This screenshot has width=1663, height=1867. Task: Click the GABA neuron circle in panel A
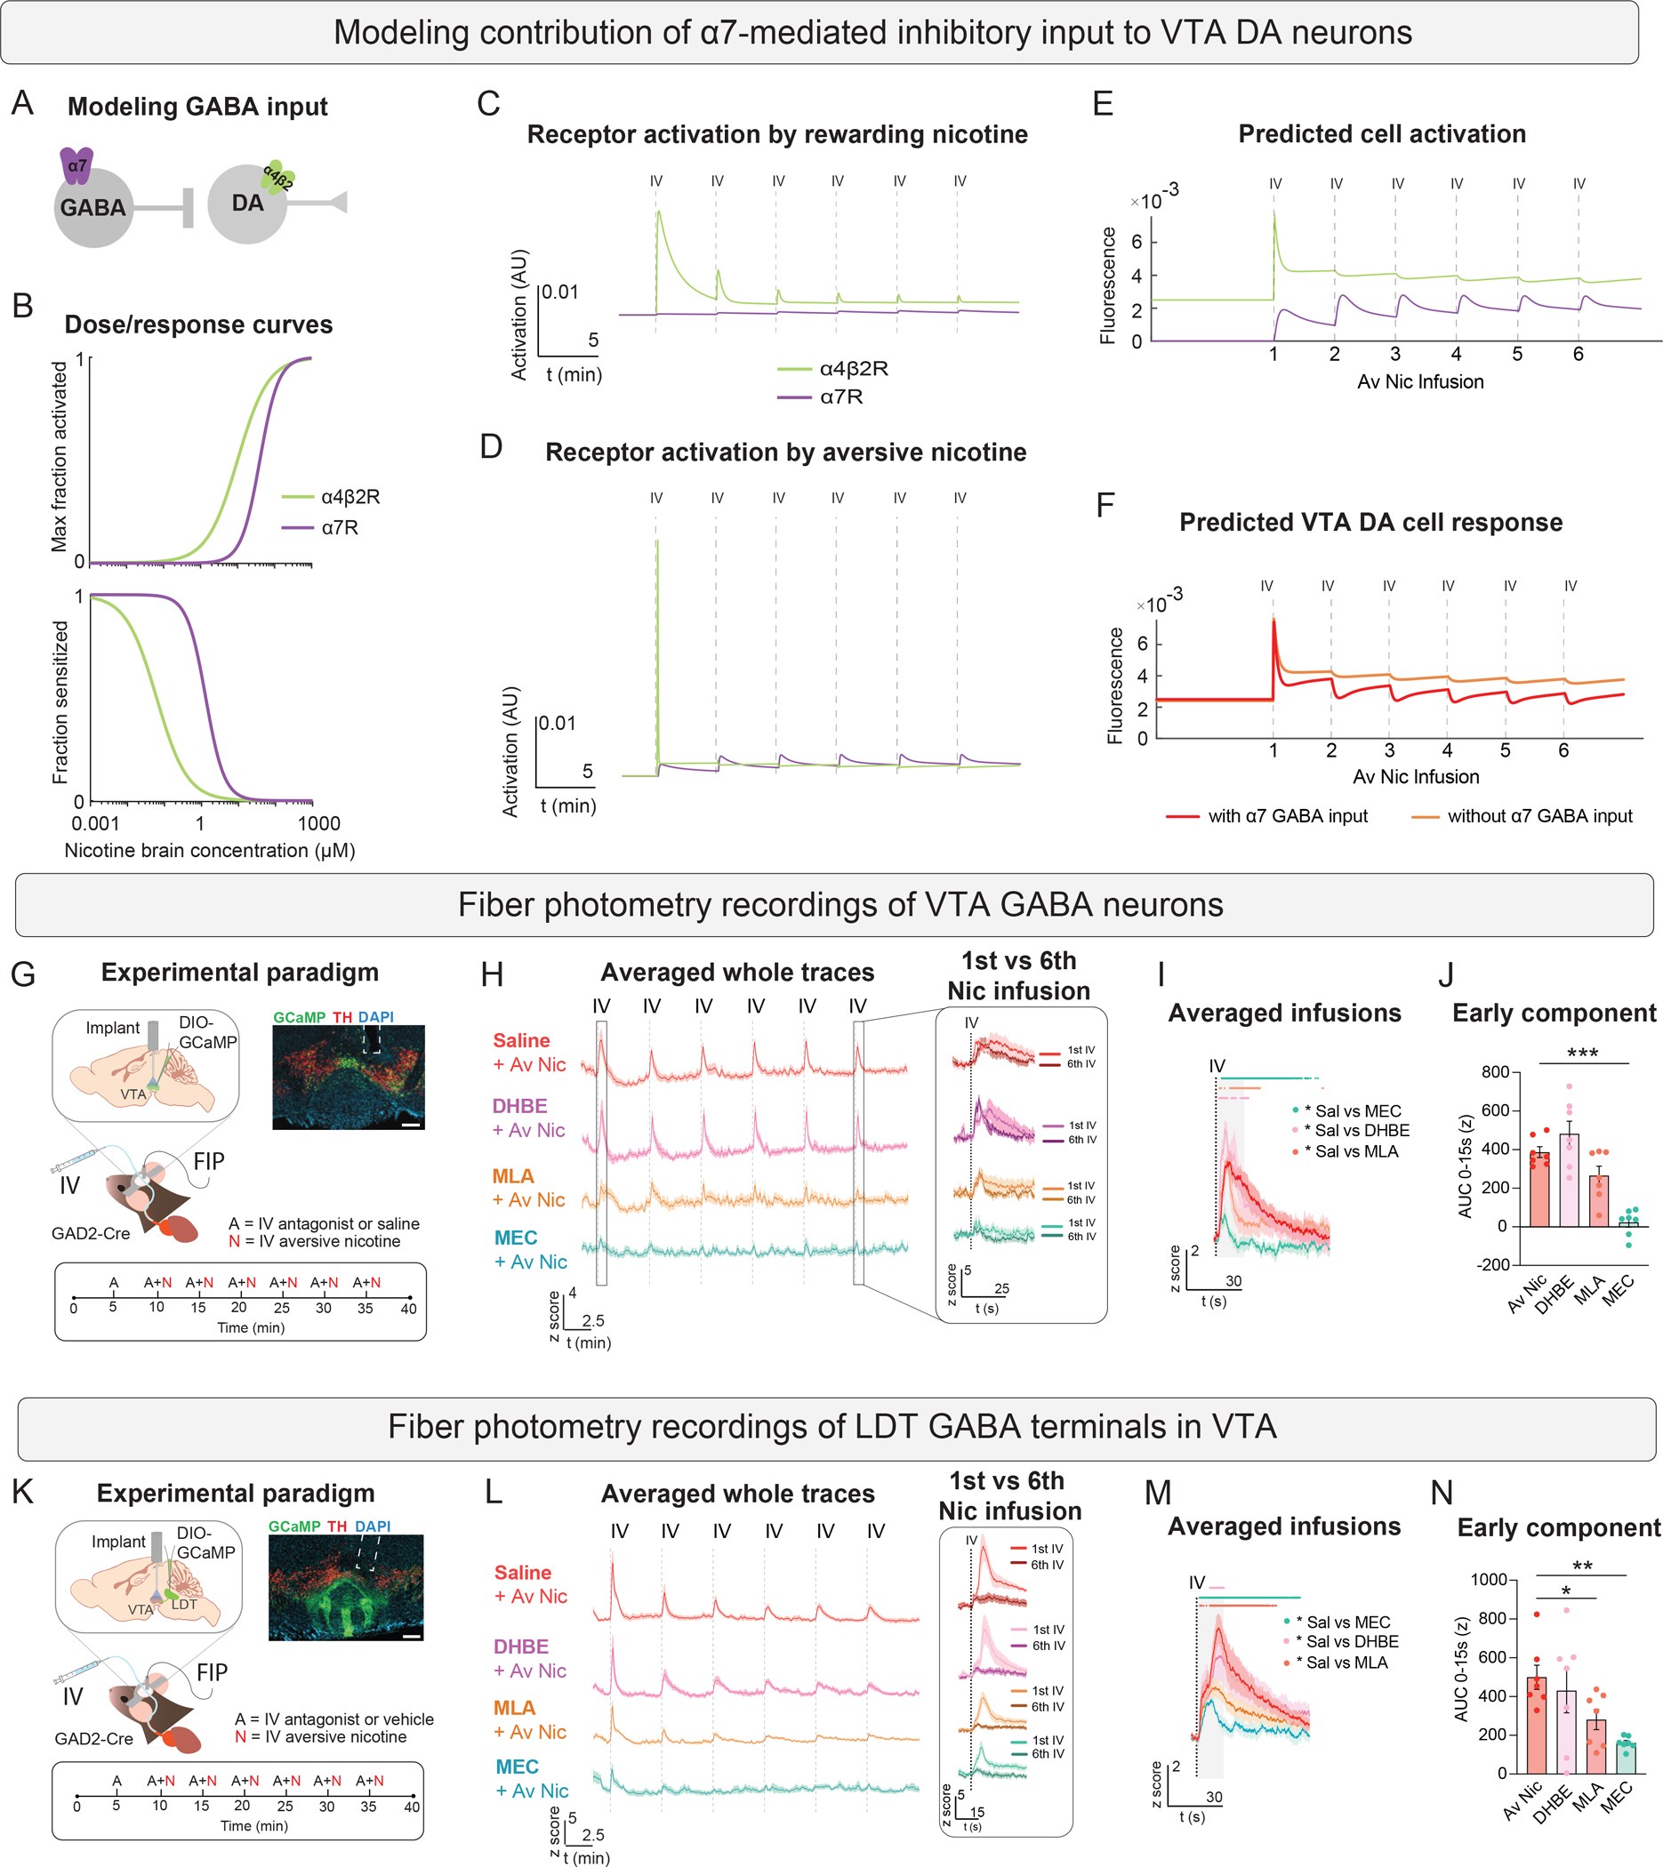pyautogui.click(x=93, y=208)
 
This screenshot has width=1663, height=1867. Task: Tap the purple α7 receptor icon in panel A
pyautogui.click(x=76, y=165)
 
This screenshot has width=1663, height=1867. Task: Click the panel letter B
pyautogui.click(x=23, y=306)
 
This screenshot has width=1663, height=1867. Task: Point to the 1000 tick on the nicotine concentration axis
pyautogui.click(x=318, y=823)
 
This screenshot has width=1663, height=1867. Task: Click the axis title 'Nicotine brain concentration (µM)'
pyautogui.click(x=209, y=851)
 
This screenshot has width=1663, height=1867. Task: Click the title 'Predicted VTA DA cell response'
pyautogui.click(x=1370, y=523)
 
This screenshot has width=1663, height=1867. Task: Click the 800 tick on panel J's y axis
pyautogui.click(x=1495, y=1071)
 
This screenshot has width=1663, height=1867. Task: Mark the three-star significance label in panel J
pyautogui.click(x=1583, y=1054)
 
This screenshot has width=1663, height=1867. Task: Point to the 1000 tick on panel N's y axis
pyautogui.click(x=1489, y=1579)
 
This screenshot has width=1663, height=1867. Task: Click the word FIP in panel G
pyautogui.click(x=208, y=1161)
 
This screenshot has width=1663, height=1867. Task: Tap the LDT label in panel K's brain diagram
pyautogui.click(x=184, y=1604)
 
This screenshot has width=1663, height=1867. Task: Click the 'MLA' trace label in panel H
pyautogui.click(x=513, y=1176)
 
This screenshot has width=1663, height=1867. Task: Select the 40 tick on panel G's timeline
pyautogui.click(x=408, y=1309)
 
